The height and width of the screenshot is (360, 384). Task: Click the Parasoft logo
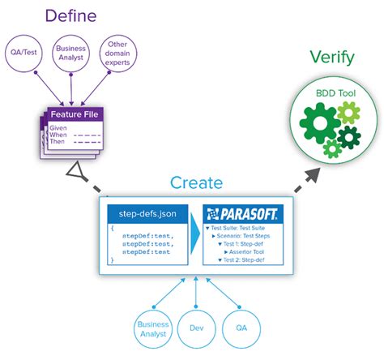tap(241, 215)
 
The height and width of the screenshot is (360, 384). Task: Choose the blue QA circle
tap(241, 328)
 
